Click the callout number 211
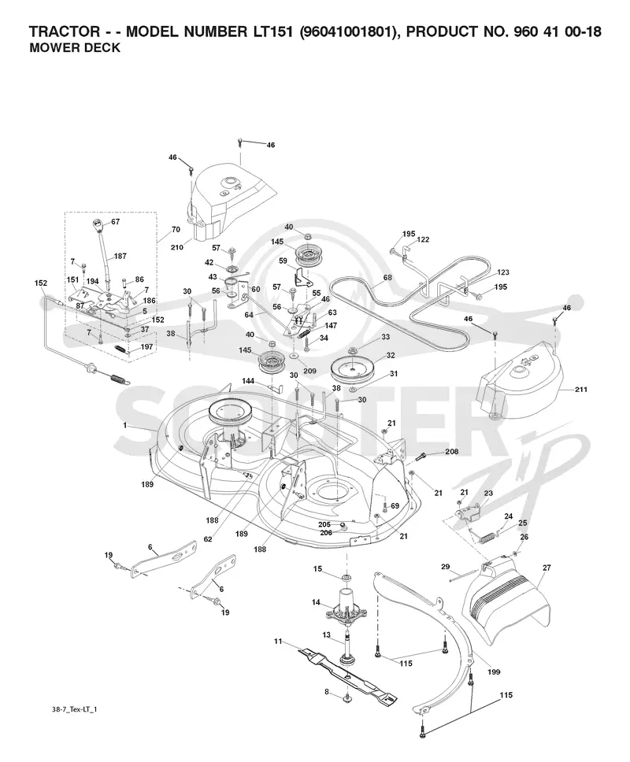pos(581,389)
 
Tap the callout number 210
pos(177,247)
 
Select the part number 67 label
pos(115,222)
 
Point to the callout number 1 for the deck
pos(125,425)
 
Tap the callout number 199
pos(494,672)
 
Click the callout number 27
pos(547,568)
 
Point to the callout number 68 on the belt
pos(387,278)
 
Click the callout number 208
pos(451,452)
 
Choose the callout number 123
pos(503,272)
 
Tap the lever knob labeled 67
pos(98,227)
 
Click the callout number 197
pos(146,347)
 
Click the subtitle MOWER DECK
pos(74,48)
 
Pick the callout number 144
pos(248,382)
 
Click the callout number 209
pos(309,371)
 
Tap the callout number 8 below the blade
pos(327,691)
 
